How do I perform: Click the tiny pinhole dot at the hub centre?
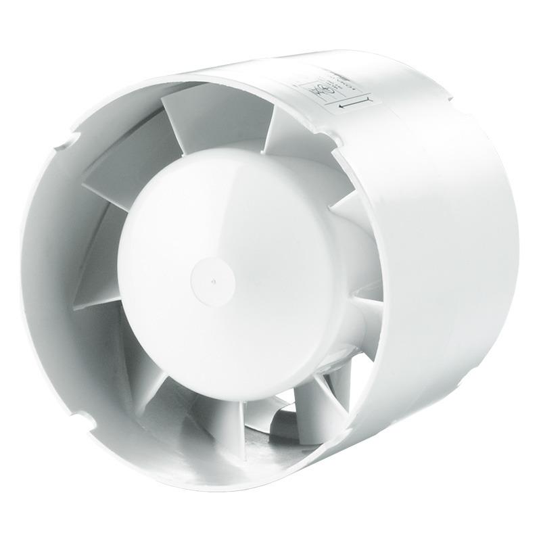click(212, 277)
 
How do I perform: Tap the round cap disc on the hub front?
click(212, 278)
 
